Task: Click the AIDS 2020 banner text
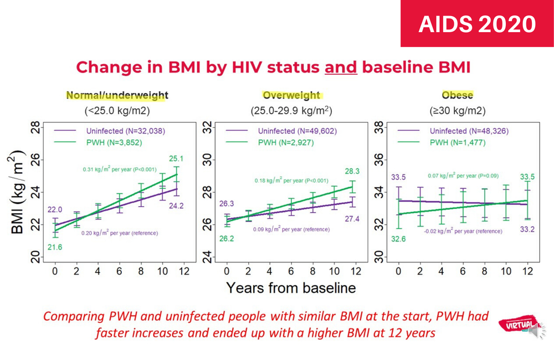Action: coord(477,24)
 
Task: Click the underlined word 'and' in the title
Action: coord(341,67)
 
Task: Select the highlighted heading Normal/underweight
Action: coord(117,95)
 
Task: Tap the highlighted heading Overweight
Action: coord(291,95)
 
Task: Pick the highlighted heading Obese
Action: coord(457,95)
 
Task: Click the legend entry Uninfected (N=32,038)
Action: coord(125,131)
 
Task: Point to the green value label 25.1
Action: coord(176,159)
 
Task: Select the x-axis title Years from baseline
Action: coord(291,287)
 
